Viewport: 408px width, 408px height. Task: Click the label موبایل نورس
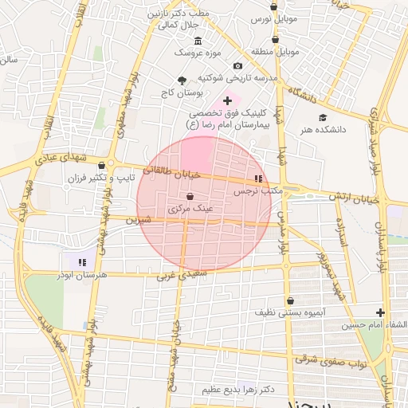point(274,18)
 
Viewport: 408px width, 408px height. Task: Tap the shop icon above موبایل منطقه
point(276,38)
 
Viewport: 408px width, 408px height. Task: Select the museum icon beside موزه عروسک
point(198,41)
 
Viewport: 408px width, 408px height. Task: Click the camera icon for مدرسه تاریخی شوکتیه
point(237,65)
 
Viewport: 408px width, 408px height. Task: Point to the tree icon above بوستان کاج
point(182,80)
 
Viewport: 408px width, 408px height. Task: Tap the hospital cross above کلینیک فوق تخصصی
point(228,100)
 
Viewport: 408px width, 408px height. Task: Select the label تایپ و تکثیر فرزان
point(98,176)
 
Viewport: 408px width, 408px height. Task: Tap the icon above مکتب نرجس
point(258,178)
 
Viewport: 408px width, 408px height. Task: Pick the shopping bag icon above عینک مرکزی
point(190,196)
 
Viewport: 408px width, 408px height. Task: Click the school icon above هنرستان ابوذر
point(81,261)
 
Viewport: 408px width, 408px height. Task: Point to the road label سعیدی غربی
point(177,277)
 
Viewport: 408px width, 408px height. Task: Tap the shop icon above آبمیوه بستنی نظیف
point(290,300)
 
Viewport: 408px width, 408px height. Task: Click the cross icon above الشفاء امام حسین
point(381,312)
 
